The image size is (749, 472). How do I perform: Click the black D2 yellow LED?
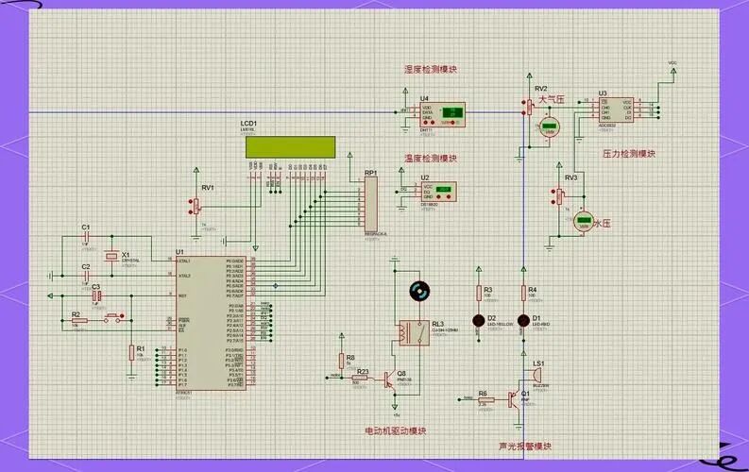(478, 320)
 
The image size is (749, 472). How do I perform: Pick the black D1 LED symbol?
(523, 320)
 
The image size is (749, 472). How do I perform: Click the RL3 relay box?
(410, 330)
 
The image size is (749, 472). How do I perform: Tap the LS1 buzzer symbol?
(539, 376)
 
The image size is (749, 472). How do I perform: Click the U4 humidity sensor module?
(443, 114)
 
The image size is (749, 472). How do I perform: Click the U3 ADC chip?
(616, 111)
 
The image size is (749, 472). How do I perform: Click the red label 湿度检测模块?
(430, 70)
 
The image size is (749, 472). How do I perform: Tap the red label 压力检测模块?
(628, 152)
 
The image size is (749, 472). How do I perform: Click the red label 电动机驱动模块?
(395, 431)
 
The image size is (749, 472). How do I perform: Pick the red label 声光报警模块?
(524, 447)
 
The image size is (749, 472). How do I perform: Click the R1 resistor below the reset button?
(131, 353)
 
